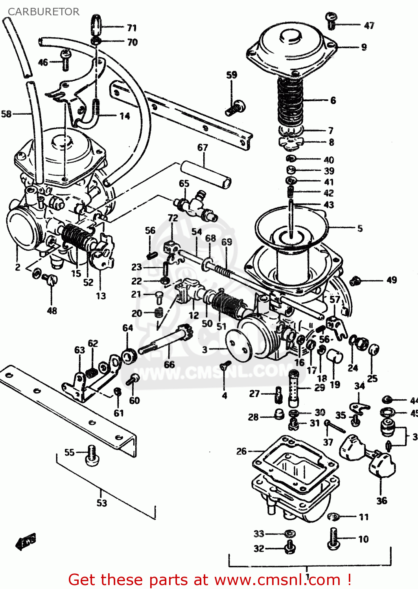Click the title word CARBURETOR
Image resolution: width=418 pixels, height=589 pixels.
(43, 12)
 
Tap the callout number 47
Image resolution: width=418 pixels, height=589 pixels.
(369, 26)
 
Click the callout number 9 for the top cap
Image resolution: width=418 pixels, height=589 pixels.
(364, 47)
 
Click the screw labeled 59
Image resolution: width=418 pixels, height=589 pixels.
(235, 108)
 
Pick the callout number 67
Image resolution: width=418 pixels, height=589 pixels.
(203, 148)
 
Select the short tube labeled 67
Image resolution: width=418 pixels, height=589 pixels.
(206, 173)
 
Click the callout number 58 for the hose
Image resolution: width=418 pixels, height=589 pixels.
(6, 114)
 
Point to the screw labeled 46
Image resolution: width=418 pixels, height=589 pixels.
(66, 60)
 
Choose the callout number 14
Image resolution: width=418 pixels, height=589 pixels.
(125, 116)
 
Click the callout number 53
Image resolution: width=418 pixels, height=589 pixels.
(101, 503)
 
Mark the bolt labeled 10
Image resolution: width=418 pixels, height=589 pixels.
(333, 538)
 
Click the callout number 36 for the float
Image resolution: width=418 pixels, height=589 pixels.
(381, 501)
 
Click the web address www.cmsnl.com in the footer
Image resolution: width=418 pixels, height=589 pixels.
(278, 580)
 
